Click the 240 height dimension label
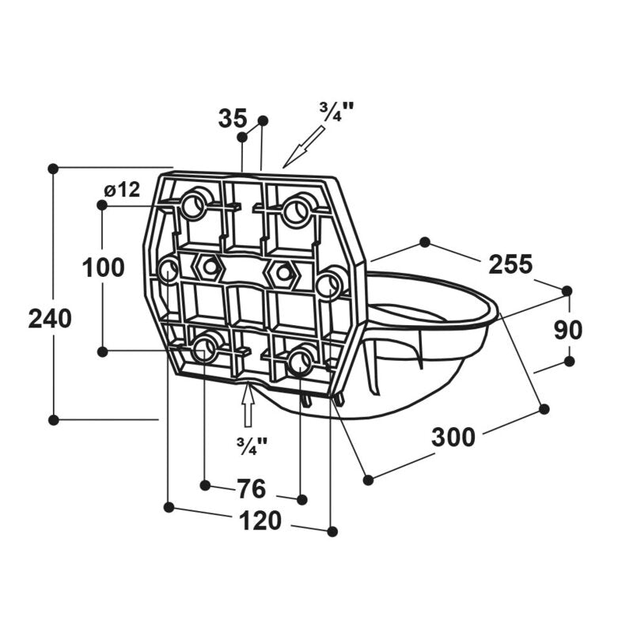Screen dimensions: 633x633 [x=50, y=318]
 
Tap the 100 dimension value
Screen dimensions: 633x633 [x=104, y=267]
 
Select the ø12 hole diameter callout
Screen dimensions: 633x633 [x=122, y=189]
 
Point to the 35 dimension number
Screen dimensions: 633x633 [x=233, y=118]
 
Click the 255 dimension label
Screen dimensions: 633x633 [x=510, y=264]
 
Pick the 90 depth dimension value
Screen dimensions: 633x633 [x=568, y=330]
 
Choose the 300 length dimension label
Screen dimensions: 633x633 [x=453, y=437]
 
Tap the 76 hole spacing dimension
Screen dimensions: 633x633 [x=251, y=488]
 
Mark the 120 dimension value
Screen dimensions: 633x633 [x=260, y=521]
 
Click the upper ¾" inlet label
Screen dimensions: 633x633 [x=336, y=112]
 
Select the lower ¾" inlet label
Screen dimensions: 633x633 [x=252, y=445]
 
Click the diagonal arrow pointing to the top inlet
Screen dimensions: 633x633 [x=304, y=146]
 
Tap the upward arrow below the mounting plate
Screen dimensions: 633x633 [x=248, y=405]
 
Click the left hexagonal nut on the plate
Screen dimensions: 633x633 [x=209, y=267]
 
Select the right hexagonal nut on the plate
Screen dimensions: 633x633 [x=282, y=273]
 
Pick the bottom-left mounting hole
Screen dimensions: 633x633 [x=205, y=349]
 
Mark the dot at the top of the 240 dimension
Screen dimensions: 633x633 [x=53, y=169]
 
